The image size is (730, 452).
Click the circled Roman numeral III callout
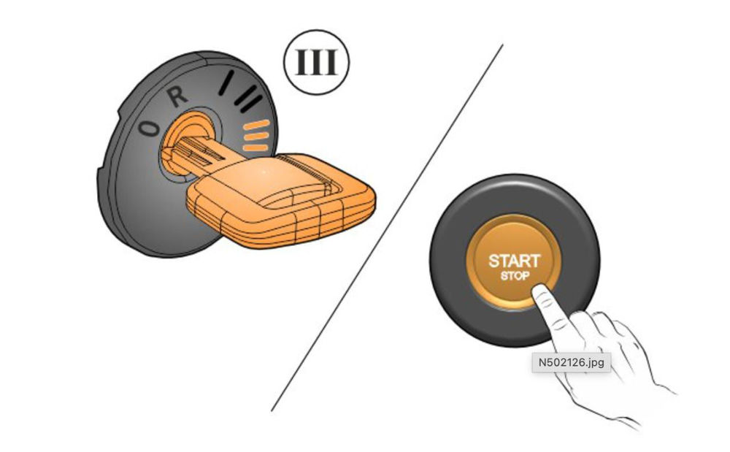[x=316, y=64]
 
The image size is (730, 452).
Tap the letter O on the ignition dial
[x=150, y=129]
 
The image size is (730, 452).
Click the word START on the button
[x=514, y=261]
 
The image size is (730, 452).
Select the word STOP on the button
[x=514, y=277]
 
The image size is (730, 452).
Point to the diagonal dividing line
[x=387, y=226]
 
